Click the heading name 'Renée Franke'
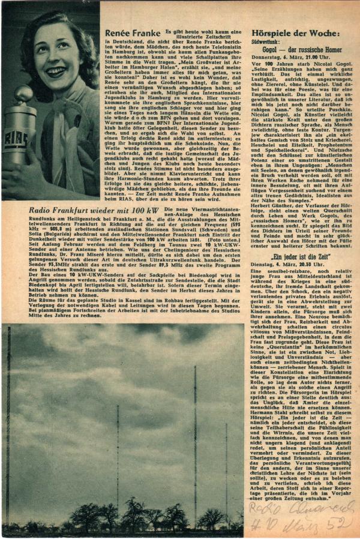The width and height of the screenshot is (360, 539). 131,34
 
